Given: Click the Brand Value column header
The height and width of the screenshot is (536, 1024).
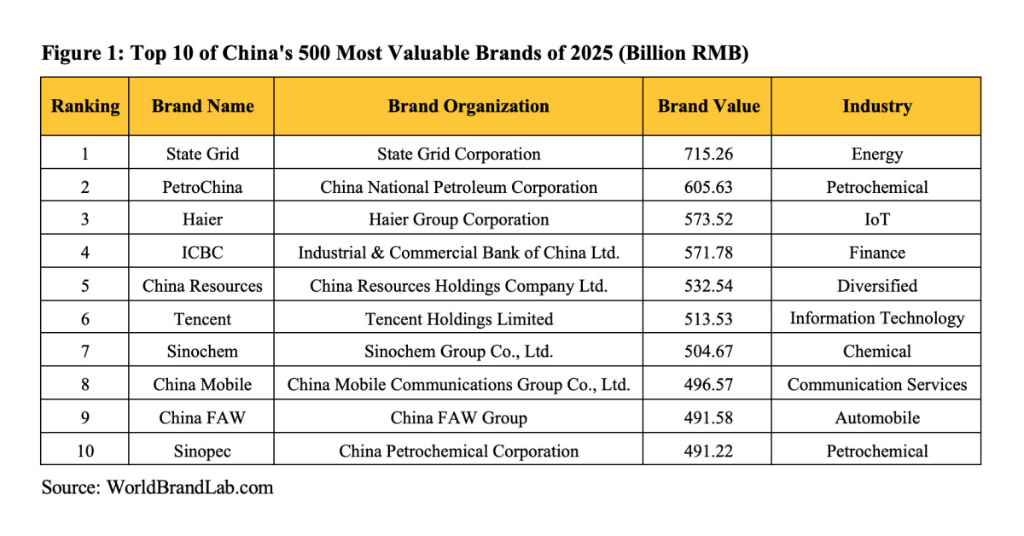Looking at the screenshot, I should pyautogui.click(x=708, y=107).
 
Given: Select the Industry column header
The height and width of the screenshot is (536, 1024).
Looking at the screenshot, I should pyautogui.click(x=876, y=107).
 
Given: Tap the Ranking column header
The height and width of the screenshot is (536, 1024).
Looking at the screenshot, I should pyautogui.click(x=85, y=107).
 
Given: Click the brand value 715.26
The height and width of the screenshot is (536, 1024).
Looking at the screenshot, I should pyautogui.click(x=708, y=154).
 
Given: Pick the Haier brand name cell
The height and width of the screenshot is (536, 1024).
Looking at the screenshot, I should pyautogui.click(x=202, y=219).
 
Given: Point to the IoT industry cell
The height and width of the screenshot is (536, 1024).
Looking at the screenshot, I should pyautogui.click(x=876, y=219).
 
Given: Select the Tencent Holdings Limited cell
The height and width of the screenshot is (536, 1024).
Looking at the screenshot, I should pyautogui.click(x=459, y=319).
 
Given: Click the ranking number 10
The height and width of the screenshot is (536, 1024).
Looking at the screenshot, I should pyautogui.click(x=85, y=452).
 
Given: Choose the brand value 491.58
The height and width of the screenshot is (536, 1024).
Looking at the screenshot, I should pyautogui.click(x=708, y=418).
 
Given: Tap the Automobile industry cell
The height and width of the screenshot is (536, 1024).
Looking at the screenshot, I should pyautogui.click(x=876, y=418).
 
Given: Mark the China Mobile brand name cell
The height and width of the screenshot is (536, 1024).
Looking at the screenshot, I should pyautogui.click(x=202, y=385).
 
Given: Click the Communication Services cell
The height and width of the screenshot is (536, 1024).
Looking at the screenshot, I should pyautogui.click(x=876, y=385).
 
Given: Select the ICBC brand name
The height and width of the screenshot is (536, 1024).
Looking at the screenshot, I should pyautogui.click(x=202, y=253).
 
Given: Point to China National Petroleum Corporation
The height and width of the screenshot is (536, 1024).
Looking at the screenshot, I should pyautogui.click(x=459, y=187).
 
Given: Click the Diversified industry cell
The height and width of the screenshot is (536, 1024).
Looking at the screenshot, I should pyautogui.click(x=876, y=286).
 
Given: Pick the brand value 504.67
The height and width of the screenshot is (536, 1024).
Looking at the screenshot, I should pyautogui.click(x=708, y=352).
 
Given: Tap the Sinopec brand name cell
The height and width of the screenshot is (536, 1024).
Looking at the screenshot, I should pyautogui.click(x=202, y=452).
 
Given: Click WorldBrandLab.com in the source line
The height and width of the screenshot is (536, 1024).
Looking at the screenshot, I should pyautogui.click(x=189, y=488).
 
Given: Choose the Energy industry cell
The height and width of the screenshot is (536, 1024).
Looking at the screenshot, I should pyautogui.click(x=876, y=154).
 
